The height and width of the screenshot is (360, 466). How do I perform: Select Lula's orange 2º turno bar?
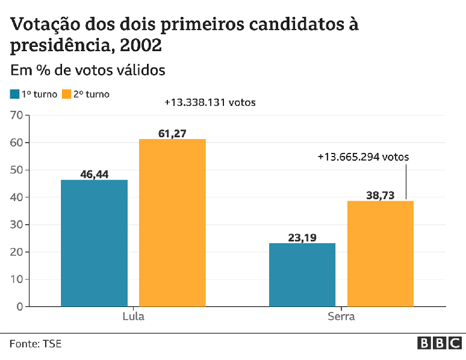(172, 223)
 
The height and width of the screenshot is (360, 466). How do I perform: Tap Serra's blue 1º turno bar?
(302, 275)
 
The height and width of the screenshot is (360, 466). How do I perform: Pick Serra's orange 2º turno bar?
(380, 253)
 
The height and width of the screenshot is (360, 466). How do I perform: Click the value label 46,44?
(95, 174)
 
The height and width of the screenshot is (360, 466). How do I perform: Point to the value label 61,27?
(172, 133)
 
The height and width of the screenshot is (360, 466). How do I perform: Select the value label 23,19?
(302, 237)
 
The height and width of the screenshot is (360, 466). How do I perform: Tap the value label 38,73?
(381, 195)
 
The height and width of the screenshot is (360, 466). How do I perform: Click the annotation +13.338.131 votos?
(210, 102)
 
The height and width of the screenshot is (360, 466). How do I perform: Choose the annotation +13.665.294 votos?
(363, 157)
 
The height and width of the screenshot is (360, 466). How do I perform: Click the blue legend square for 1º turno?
(14, 94)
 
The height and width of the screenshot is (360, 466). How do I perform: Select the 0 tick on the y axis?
(19, 306)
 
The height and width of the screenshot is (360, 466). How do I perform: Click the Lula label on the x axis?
(133, 317)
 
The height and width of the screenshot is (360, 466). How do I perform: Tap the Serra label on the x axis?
(341, 317)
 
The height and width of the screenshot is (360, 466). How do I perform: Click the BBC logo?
(440, 343)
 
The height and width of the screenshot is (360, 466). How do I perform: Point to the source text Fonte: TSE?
(36, 344)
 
